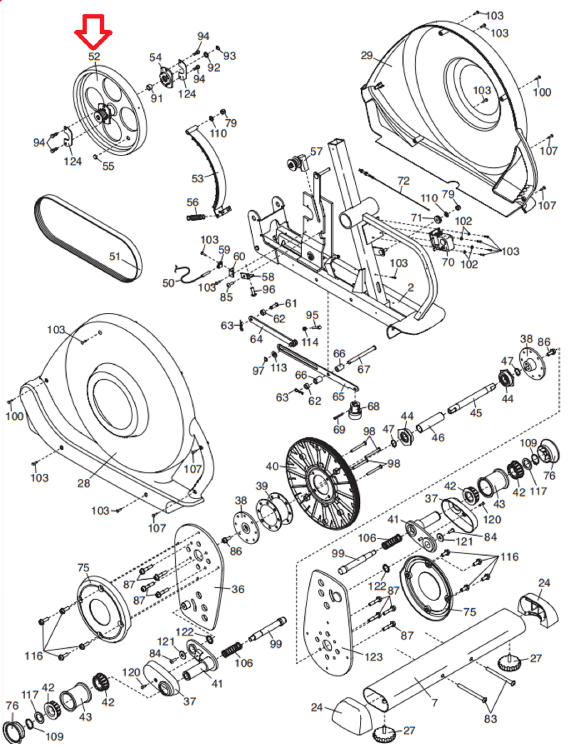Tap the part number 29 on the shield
pos(367,56)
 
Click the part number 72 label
pos(403,181)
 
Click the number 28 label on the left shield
pos(84,483)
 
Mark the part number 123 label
pos(374,657)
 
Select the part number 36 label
pos(238,589)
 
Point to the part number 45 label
pos(476,412)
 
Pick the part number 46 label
pos(438,437)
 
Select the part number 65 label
pos(338,396)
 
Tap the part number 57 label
pos(316,151)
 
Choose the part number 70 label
pos(448,262)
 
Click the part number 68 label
pos(373,406)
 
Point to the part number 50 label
pos(169,283)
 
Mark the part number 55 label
pos(108,166)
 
